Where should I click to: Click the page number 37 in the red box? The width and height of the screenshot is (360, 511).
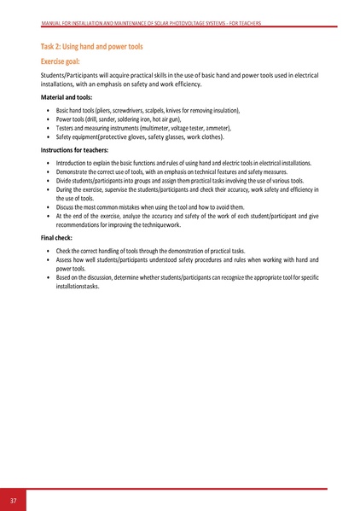click(15, 500)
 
